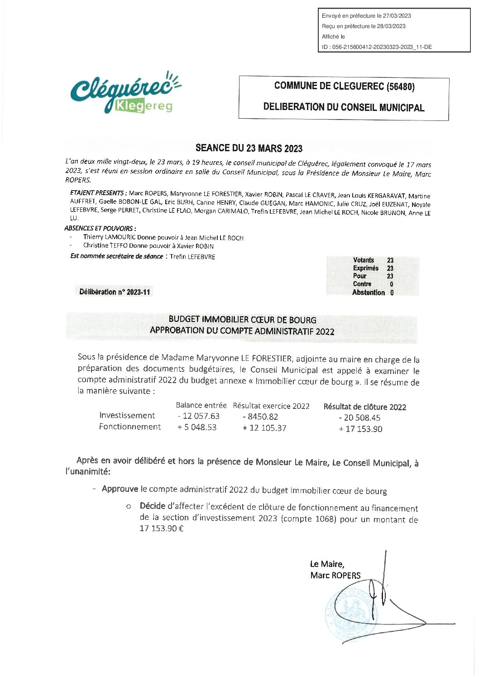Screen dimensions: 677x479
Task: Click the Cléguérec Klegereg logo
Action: pyautogui.click(x=125, y=93)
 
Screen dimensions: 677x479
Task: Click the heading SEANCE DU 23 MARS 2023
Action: pyautogui.click(x=249, y=148)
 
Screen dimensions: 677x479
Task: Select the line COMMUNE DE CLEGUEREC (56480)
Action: pyautogui.click(x=344, y=86)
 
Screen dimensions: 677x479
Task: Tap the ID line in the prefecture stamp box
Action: pyautogui.click(x=377, y=47)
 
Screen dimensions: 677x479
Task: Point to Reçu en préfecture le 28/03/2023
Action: pyautogui.click(x=364, y=26)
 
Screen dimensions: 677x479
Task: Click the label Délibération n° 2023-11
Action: pyautogui.click(x=115, y=292)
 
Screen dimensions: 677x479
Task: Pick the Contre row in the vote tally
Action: pyautogui.click(x=373, y=284)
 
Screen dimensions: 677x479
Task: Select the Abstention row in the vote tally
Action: pyautogui.click(x=373, y=293)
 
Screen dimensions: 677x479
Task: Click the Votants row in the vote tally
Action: pyautogui.click(x=373, y=260)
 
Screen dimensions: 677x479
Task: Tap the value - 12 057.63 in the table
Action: pyautogui.click(x=198, y=416)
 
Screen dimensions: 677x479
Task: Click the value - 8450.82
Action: pyautogui.click(x=260, y=417)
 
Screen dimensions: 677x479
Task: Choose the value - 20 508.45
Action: pyautogui.click(x=359, y=418)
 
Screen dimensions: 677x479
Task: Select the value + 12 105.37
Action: pyautogui.click(x=264, y=428)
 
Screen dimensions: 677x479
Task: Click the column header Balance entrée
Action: pyautogui.click(x=201, y=405)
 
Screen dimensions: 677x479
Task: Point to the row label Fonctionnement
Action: pyautogui.click(x=130, y=427)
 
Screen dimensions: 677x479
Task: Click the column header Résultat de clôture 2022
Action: pyautogui.click(x=364, y=407)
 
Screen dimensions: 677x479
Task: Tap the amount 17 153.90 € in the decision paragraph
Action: pyautogui.click(x=162, y=528)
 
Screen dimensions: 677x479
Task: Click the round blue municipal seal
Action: pyautogui.click(x=351, y=616)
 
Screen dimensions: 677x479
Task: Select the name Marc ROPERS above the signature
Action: pyautogui.click(x=335, y=576)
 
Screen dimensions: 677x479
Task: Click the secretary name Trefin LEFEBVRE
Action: pyautogui.click(x=192, y=257)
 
